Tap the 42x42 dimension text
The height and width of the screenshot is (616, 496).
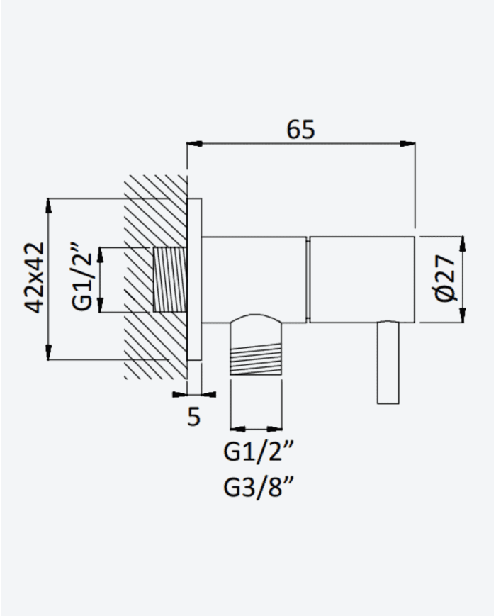[34, 278]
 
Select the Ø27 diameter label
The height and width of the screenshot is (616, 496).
[445, 278]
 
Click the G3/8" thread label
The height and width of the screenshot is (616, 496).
[259, 488]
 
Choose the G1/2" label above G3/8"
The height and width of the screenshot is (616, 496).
[259, 452]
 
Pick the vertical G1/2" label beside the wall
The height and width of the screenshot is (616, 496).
[82, 278]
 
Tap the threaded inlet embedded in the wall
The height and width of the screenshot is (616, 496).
[169, 280]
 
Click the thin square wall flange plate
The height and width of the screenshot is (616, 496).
[194, 279]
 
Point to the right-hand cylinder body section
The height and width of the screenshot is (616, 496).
[362, 280]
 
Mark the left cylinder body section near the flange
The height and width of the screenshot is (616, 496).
[254, 280]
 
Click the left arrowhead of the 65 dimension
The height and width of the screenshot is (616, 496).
[195, 144]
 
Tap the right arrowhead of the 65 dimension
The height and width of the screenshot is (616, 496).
[407, 144]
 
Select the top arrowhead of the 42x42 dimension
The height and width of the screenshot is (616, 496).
[48, 206]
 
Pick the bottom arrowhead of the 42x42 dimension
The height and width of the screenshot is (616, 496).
[48, 352]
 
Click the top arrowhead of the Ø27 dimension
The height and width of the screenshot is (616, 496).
[462, 244]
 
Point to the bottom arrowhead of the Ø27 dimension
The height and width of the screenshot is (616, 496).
[462, 315]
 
